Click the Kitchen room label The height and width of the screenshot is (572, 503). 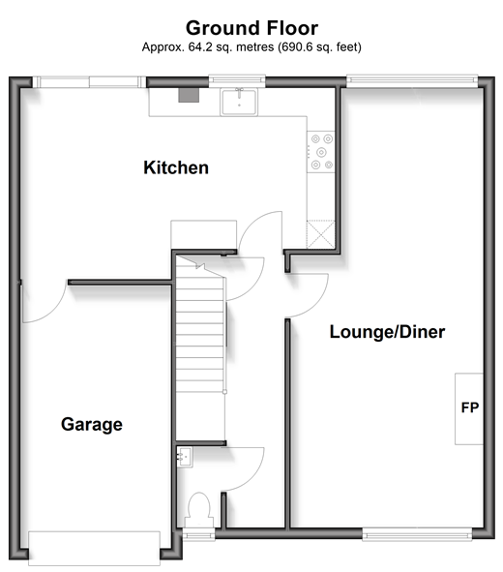point(176,167)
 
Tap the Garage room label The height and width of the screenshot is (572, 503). point(92,425)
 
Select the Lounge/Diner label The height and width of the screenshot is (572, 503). point(387,332)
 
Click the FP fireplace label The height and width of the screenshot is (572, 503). point(470,407)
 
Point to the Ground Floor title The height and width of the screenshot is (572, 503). point(251,28)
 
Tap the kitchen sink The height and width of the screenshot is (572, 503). point(239,102)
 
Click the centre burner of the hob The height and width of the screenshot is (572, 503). point(321,152)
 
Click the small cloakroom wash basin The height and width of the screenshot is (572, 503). point(185,457)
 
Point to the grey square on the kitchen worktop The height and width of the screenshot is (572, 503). point(189,95)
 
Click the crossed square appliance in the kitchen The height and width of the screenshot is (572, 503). point(321,234)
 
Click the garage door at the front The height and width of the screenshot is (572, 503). point(94,549)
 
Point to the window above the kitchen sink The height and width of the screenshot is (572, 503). point(237,81)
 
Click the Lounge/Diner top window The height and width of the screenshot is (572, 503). point(412,81)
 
